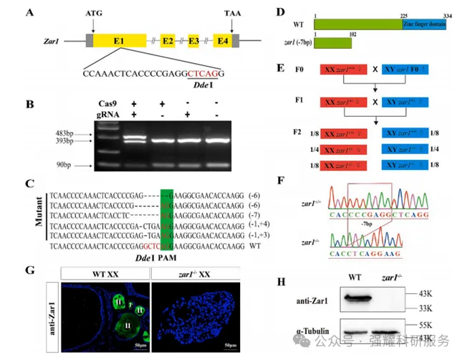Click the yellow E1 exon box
click(118, 42)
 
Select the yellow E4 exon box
click(222, 42)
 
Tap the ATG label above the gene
click(93, 14)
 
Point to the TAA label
click(232, 14)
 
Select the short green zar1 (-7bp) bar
click(333, 44)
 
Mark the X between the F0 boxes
click(377, 70)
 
